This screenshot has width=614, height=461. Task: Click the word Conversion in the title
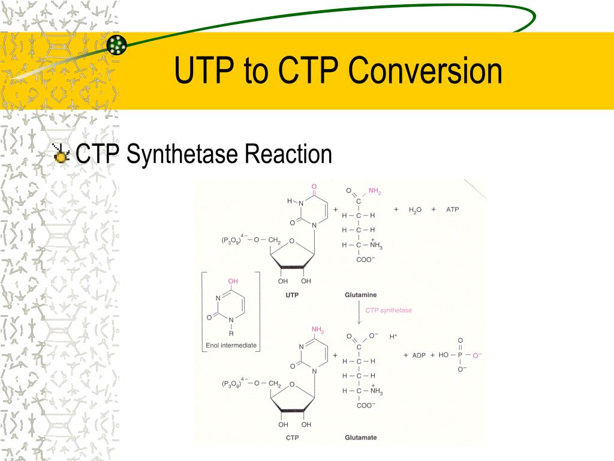click(x=426, y=71)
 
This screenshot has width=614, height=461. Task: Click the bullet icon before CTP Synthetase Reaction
click(x=61, y=155)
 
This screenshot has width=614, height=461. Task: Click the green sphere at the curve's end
click(x=118, y=44)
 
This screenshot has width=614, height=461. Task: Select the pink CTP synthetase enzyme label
click(x=389, y=310)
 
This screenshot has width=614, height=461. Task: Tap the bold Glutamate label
click(x=360, y=437)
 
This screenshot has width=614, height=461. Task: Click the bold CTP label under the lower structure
click(x=292, y=437)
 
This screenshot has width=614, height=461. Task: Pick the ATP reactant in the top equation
click(x=452, y=209)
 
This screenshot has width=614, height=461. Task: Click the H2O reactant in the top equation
click(x=416, y=210)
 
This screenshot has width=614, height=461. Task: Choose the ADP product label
click(x=418, y=355)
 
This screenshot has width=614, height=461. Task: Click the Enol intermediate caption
click(x=231, y=345)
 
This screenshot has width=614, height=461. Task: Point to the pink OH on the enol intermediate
click(x=233, y=280)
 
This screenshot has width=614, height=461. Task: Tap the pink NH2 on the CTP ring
click(x=317, y=330)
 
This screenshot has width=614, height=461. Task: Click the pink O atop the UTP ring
click(x=314, y=186)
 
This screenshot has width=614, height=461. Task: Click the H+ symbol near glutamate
click(x=393, y=337)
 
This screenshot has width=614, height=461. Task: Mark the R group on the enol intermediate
click(x=231, y=333)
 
